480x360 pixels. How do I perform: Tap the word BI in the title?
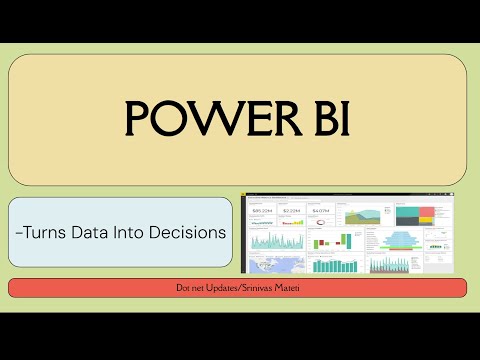(x=324, y=119)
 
